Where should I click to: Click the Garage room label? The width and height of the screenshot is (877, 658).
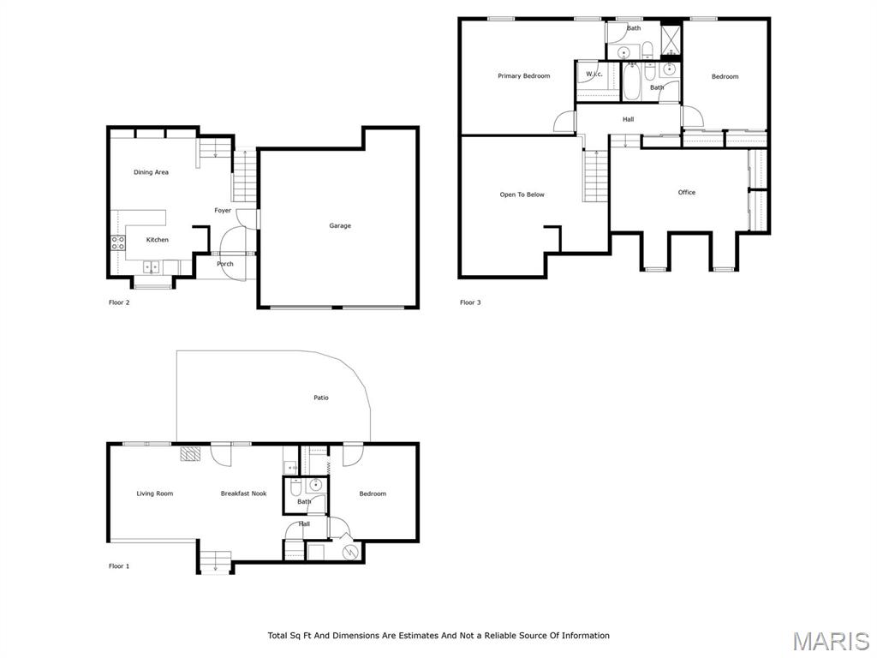pyautogui.click(x=340, y=226)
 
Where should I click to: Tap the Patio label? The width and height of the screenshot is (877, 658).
pyautogui.click(x=320, y=398)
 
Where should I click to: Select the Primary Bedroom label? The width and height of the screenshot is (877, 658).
pyautogui.click(x=523, y=76)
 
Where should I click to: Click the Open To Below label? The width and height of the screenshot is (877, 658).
pyautogui.click(x=522, y=194)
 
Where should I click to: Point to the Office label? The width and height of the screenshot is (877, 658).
pyautogui.click(x=687, y=193)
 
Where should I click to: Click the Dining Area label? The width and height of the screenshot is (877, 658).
pyautogui.click(x=151, y=172)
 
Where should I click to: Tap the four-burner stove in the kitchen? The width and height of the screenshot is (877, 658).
pyautogui.click(x=117, y=242)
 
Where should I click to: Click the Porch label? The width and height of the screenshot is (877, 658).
pyautogui.click(x=225, y=264)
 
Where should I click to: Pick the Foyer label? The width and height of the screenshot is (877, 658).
pyautogui.click(x=223, y=211)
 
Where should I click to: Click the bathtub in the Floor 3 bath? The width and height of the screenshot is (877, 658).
pyautogui.click(x=631, y=83)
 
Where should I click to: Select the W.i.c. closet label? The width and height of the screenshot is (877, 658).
pyautogui.click(x=594, y=75)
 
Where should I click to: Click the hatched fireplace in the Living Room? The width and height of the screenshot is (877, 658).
pyautogui.click(x=190, y=453)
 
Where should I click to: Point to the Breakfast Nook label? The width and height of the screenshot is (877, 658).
pyautogui.click(x=243, y=493)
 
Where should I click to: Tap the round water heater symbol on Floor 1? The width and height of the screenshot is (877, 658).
pyautogui.click(x=349, y=553)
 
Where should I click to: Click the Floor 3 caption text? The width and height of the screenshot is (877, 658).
pyautogui.click(x=470, y=302)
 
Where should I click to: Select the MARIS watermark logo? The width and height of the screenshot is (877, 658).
pyautogui.click(x=830, y=640)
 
